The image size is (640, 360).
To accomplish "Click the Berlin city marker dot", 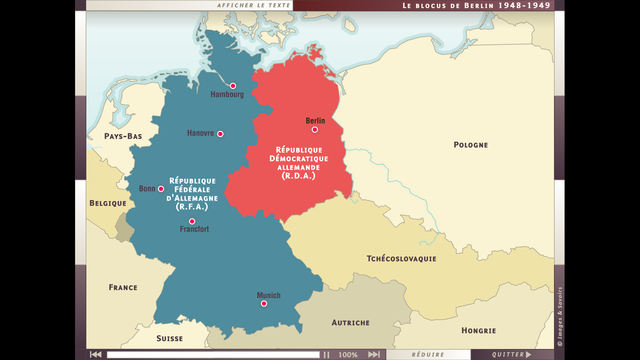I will pyautogui.click(x=314, y=129).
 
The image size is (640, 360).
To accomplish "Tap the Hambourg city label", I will pyautogui.click(x=227, y=95).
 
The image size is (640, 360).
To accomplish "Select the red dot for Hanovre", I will pyautogui.click(x=220, y=134).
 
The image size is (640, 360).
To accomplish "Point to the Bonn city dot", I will pyautogui.click(x=161, y=188).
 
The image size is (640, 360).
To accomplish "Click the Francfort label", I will pyautogui.click(x=194, y=230).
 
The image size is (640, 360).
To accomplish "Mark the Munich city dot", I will pyautogui.click(x=264, y=303).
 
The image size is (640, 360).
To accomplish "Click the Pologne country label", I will pyautogui.click(x=470, y=144).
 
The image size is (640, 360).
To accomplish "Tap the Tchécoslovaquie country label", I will pyautogui.click(x=401, y=258).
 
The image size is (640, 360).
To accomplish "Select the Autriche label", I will pyautogui.click(x=350, y=322).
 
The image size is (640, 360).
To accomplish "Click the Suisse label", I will pyautogui.click(x=169, y=339).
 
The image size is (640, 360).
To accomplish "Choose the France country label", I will pyautogui.click(x=123, y=287).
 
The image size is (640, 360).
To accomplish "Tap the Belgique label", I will pyautogui.click(x=108, y=202).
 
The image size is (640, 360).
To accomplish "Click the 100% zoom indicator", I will pyautogui.click(x=348, y=354).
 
